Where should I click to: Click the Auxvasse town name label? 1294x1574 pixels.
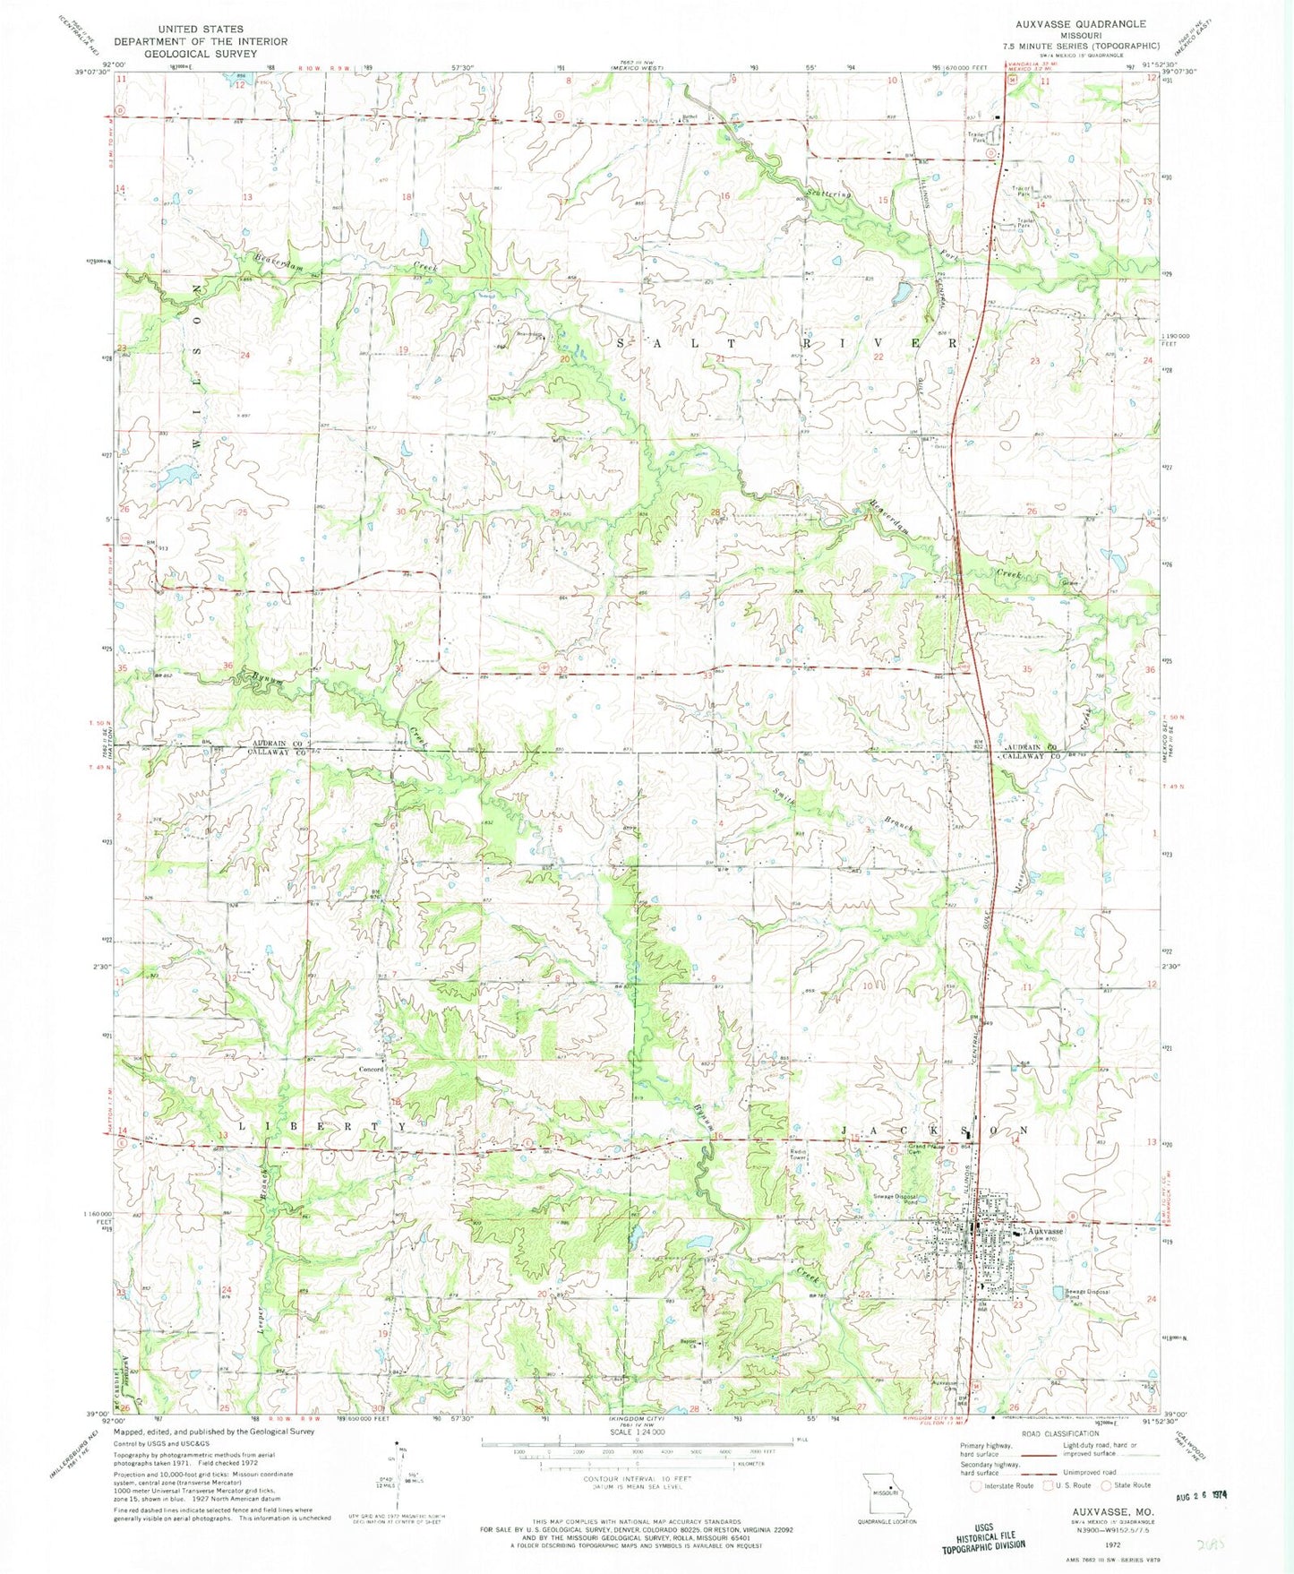1045,1231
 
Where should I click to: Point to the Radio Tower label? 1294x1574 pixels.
799,1155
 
